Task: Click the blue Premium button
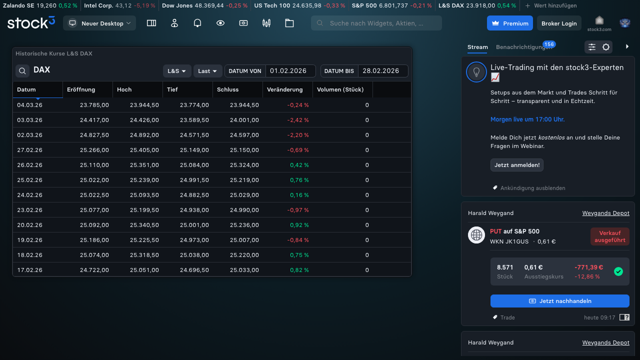509,23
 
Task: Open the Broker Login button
559,23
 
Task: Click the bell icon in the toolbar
197,23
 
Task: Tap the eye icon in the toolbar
220,23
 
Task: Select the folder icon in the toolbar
289,23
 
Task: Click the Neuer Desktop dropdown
99,23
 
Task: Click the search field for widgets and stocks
376,23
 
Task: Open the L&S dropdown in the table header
177,71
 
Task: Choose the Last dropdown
207,71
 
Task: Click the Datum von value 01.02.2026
288,71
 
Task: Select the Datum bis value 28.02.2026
381,71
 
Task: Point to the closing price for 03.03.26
244,120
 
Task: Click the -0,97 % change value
297,210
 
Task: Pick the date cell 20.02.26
29,225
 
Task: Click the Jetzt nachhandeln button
559,301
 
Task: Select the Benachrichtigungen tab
524,47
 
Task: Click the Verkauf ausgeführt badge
609,236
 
